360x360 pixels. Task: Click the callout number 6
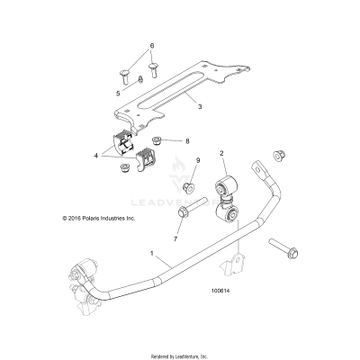click(151, 45)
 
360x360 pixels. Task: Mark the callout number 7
click(175, 240)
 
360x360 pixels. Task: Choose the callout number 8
click(186, 142)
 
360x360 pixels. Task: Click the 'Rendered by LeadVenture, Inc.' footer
click(180, 352)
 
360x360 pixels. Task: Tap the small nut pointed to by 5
click(142, 78)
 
